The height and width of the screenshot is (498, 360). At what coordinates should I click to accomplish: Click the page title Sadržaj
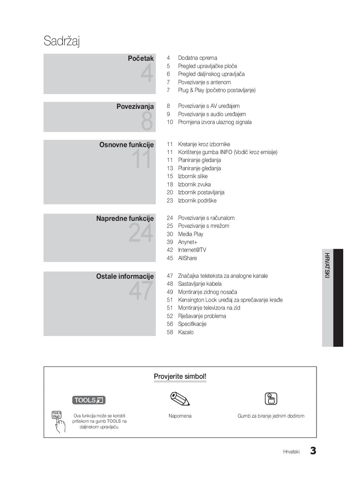[x=62, y=41]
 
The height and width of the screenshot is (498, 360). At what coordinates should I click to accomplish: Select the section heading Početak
[x=141, y=59]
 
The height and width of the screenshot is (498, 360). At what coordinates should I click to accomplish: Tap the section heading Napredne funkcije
[x=125, y=219]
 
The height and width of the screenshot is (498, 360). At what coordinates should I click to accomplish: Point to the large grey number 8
[x=147, y=121]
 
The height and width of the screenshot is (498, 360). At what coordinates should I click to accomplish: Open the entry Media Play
[x=191, y=234]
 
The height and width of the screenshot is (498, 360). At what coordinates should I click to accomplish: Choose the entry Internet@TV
[x=192, y=250]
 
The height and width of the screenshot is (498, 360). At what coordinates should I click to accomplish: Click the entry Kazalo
[x=186, y=332]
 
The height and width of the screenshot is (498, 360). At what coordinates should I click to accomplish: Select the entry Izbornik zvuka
[x=194, y=184]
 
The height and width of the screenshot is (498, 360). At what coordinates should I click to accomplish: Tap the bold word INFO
[x=226, y=152]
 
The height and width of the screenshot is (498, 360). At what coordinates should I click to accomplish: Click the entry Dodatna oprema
[x=197, y=58]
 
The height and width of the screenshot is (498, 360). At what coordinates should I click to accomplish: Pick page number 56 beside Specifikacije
[x=170, y=324]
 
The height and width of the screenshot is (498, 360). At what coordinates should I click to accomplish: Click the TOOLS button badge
[x=89, y=400]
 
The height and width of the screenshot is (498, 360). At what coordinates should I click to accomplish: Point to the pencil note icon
[x=180, y=399]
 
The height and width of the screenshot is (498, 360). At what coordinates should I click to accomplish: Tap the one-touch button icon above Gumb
[x=271, y=399]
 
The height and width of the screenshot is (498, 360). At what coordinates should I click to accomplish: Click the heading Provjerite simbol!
[x=180, y=377]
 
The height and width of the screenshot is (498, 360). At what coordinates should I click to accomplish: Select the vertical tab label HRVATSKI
[x=327, y=265]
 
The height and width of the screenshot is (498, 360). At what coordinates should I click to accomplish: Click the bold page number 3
[x=313, y=451]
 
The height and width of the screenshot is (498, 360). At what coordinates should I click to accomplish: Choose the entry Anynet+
[x=187, y=242]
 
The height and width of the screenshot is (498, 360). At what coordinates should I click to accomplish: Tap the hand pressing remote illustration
[x=59, y=422]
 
